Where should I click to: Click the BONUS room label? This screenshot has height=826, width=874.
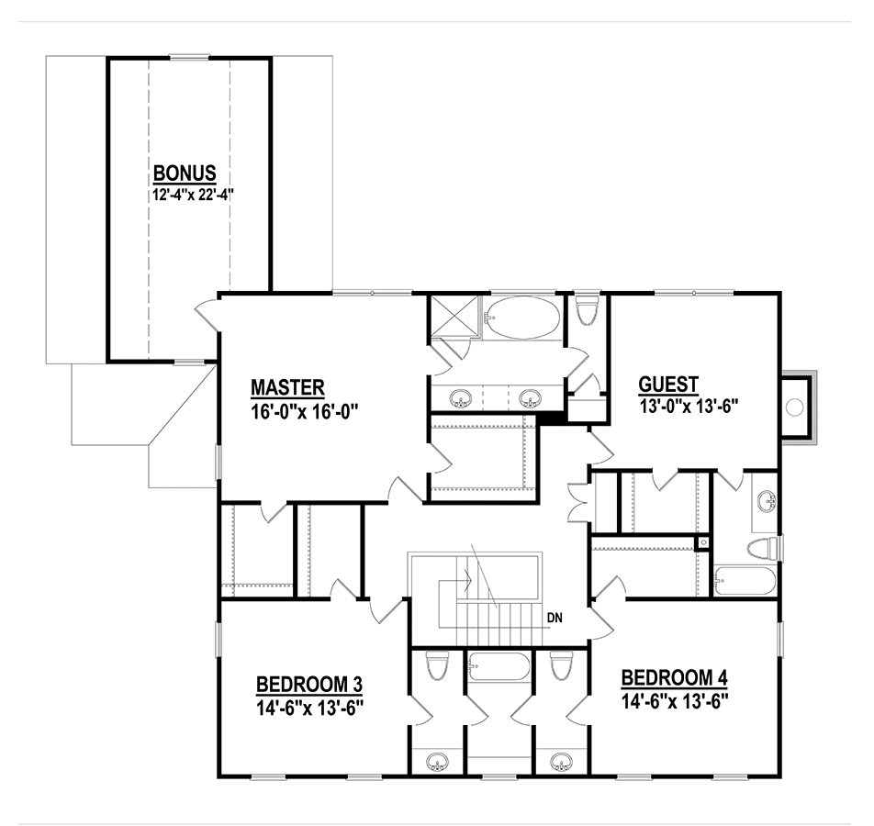(x=185, y=173)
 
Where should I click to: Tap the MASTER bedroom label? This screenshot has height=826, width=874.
(x=287, y=386)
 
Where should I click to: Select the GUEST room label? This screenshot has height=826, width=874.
(x=668, y=385)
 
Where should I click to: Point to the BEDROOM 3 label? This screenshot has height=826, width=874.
(x=309, y=684)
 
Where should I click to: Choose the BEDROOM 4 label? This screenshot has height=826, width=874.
(x=675, y=677)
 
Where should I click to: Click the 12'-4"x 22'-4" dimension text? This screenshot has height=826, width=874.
(x=193, y=195)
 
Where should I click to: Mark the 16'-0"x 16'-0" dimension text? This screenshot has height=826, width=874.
(x=304, y=411)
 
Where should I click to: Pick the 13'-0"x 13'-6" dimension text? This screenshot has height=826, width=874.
(x=689, y=407)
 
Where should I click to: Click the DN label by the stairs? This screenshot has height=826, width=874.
(x=555, y=618)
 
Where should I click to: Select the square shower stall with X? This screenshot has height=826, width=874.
(x=454, y=316)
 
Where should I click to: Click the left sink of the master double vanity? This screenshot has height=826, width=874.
(x=461, y=398)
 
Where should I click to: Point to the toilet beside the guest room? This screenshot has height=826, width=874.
(x=587, y=309)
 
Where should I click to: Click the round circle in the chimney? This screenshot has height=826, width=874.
(x=794, y=407)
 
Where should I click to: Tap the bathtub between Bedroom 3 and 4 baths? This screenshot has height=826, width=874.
(x=499, y=666)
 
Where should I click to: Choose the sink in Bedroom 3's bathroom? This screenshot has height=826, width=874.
(x=438, y=762)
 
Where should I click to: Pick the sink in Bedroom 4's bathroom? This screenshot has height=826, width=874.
(x=561, y=762)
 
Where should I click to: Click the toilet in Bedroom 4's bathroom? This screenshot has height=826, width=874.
(x=561, y=664)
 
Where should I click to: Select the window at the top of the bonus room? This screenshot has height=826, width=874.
(x=189, y=57)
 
